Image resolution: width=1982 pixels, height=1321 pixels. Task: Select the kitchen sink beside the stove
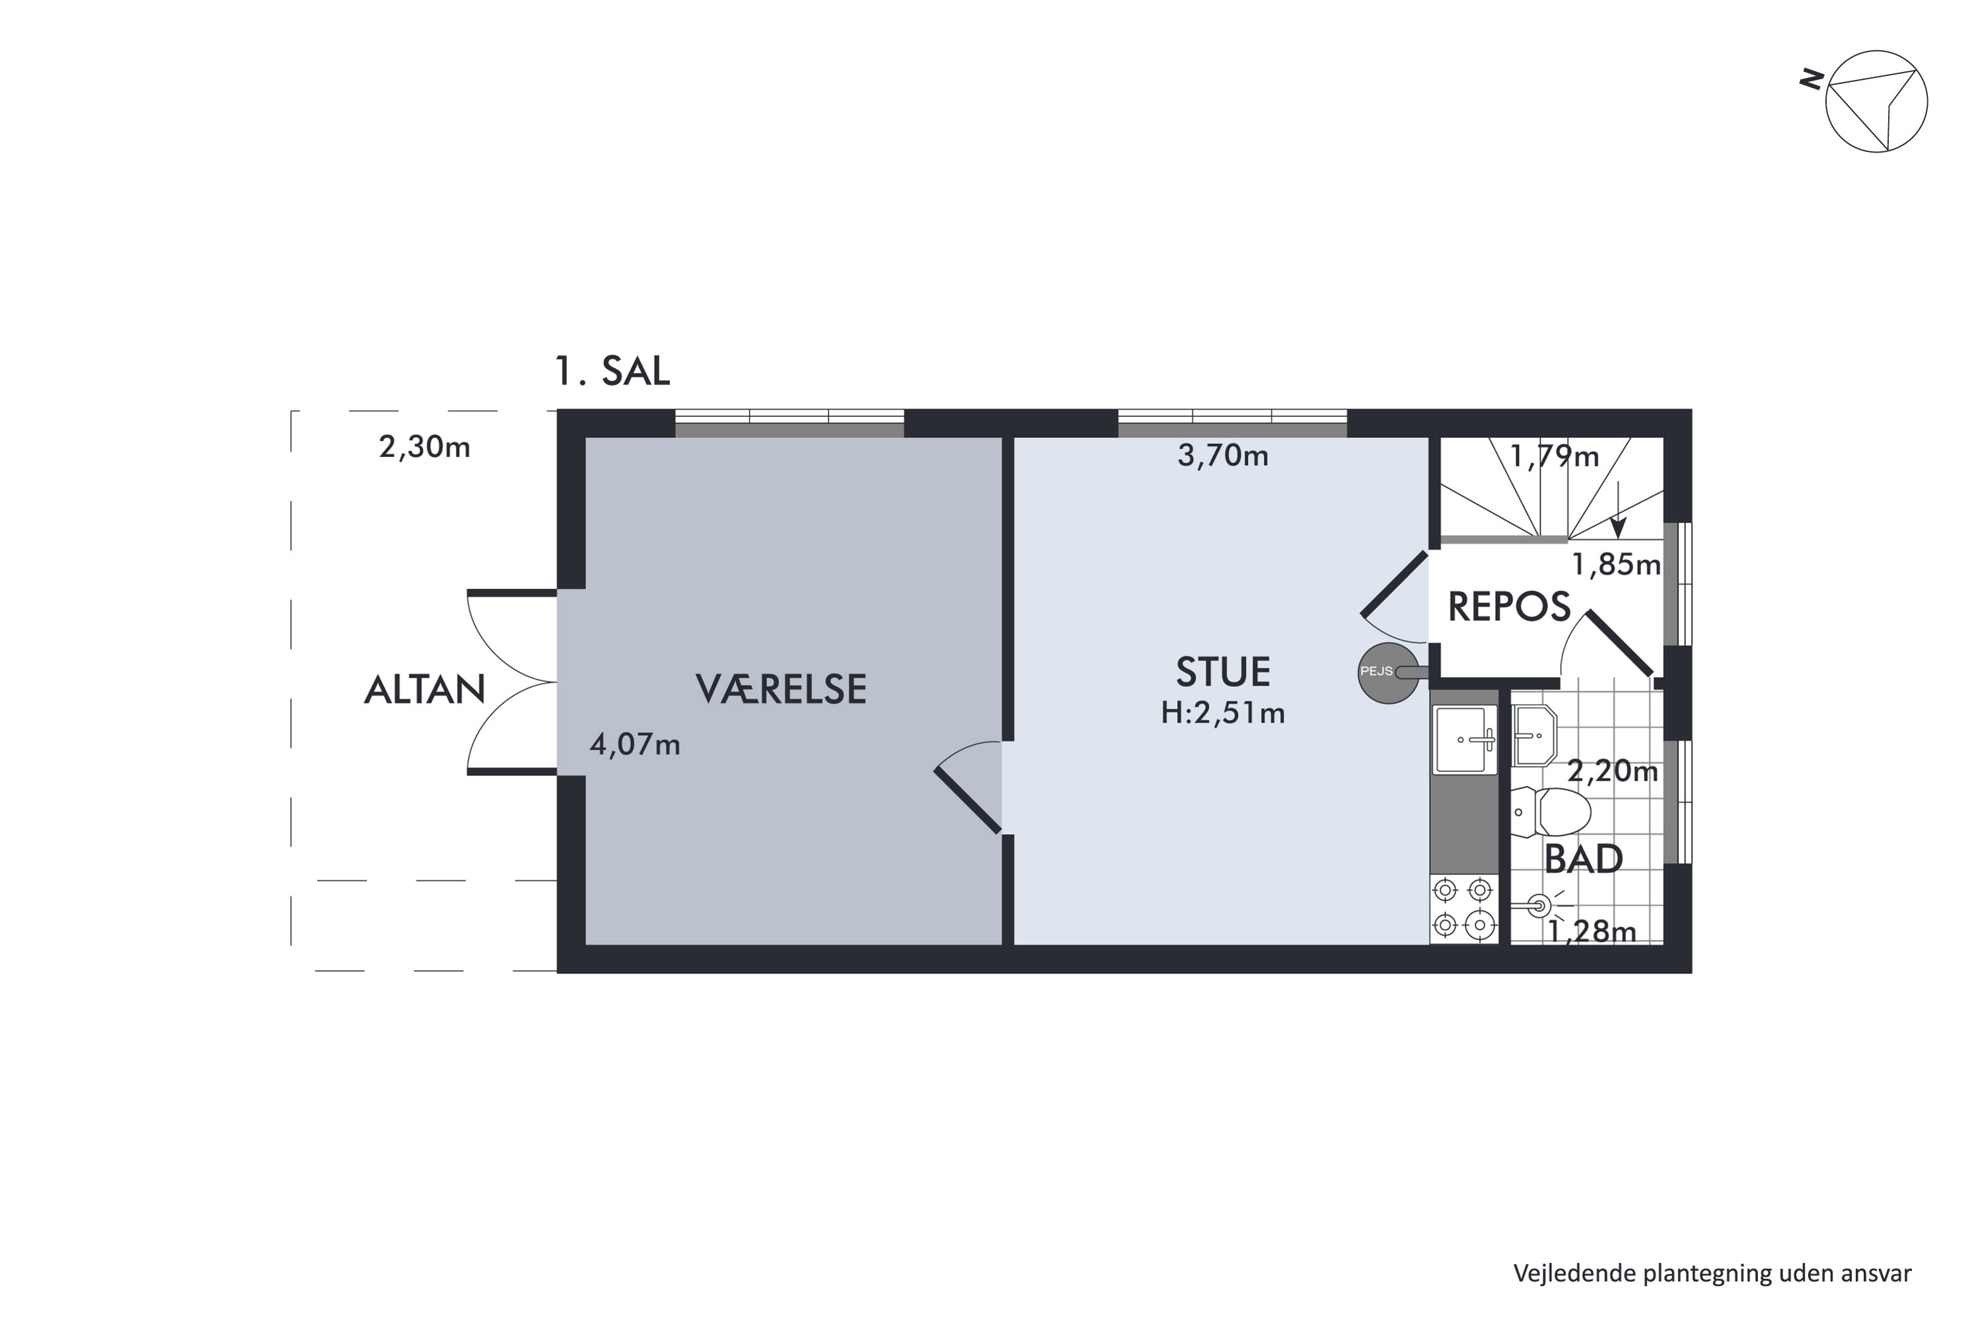click(x=1465, y=740)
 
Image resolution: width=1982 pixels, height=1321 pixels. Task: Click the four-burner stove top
click(x=1464, y=909)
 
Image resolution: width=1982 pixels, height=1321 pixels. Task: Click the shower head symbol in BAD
click(x=1539, y=906)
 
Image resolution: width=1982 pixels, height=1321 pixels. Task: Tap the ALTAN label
click(x=424, y=690)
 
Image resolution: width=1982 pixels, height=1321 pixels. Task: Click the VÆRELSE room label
click(x=780, y=689)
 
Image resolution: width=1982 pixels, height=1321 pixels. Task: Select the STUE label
click(x=1223, y=672)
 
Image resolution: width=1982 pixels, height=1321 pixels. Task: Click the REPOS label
click(x=1509, y=606)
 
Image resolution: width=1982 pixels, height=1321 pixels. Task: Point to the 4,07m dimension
click(x=634, y=745)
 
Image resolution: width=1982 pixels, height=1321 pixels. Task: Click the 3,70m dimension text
click(x=1223, y=456)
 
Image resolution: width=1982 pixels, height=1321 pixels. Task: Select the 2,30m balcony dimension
click(x=425, y=446)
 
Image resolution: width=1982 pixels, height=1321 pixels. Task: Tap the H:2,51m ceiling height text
click(x=1223, y=713)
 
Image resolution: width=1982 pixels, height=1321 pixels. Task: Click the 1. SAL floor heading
click(x=612, y=371)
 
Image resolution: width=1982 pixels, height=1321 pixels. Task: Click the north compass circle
click(x=1876, y=101)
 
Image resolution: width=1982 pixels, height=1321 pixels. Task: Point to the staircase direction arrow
click(x=1617, y=510)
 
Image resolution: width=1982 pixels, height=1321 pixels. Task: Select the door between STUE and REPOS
click(x=1395, y=596)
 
